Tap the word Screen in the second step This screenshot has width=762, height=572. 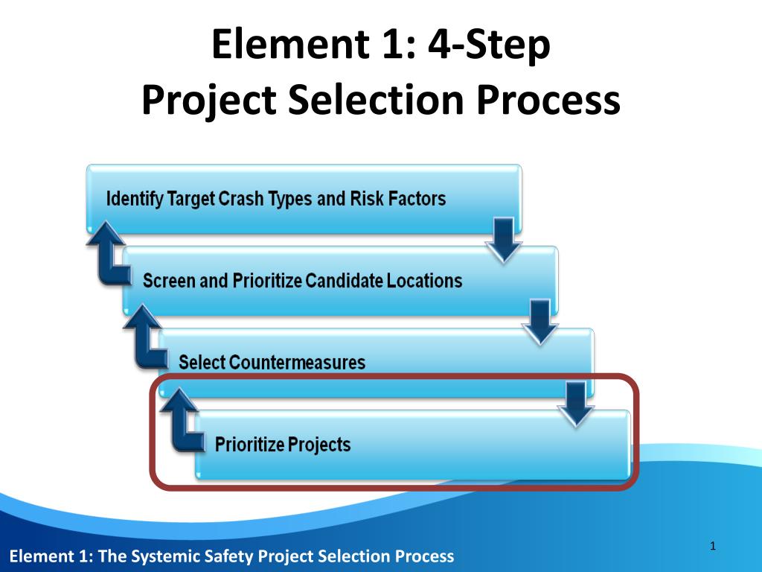pyautogui.click(x=169, y=282)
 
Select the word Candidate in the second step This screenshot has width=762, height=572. pyautogui.click(x=341, y=282)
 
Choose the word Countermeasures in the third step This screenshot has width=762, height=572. pyautogui.click(x=298, y=363)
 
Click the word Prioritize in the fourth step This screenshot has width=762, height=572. pyautogui.click(x=249, y=445)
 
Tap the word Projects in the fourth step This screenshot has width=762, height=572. pyautogui.click(x=319, y=445)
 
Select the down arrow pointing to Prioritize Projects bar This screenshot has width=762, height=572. pyautogui.click(x=577, y=404)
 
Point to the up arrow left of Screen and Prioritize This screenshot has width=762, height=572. pyautogui.click(x=110, y=257)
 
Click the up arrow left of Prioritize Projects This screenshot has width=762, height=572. pyautogui.click(x=182, y=421)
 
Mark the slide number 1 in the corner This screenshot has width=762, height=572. pyautogui.click(x=712, y=547)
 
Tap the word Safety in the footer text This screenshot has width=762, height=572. pyautogui.click(x=208, y=556)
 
